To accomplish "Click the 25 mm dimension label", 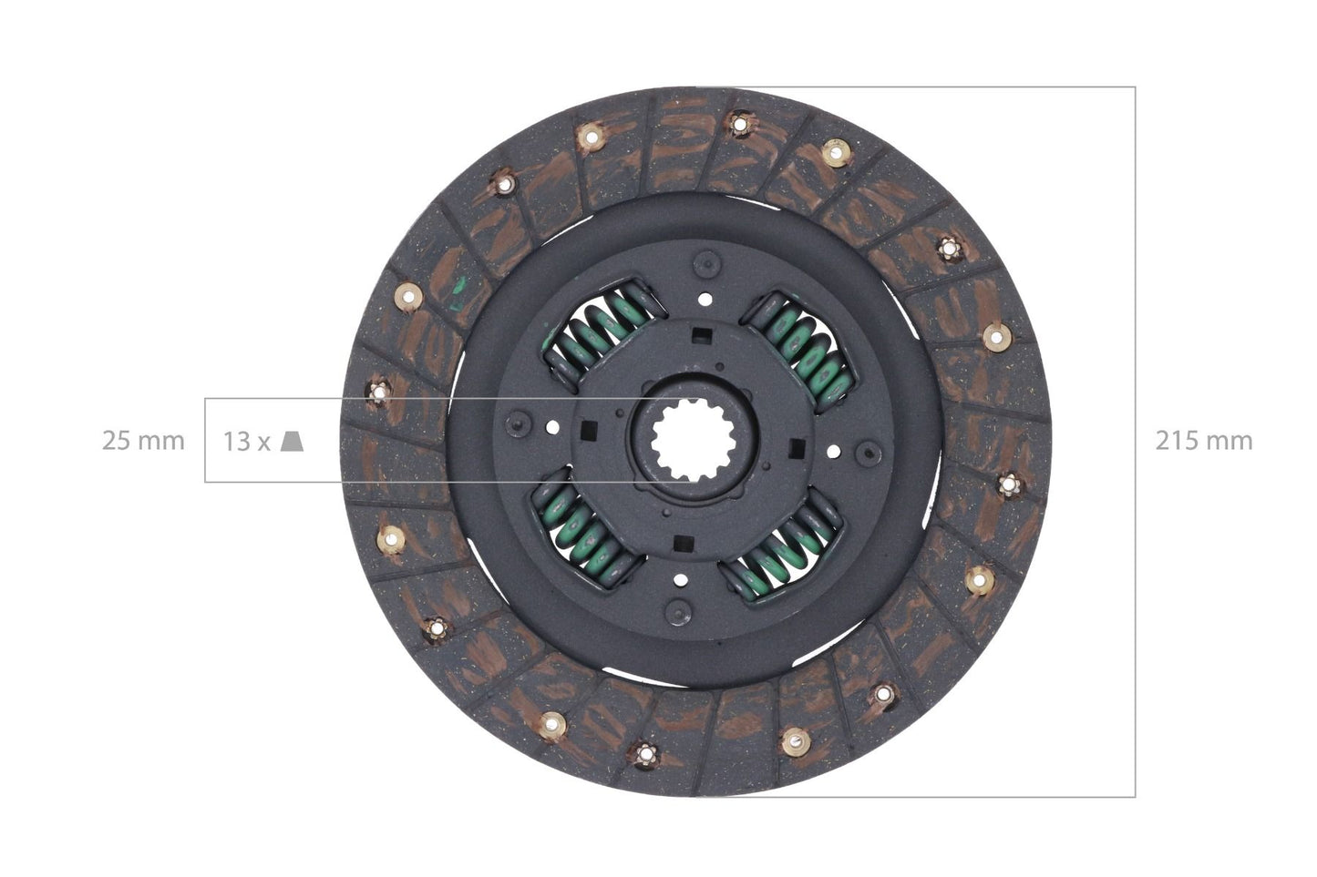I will click(x=142, y=441).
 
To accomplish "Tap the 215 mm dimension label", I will click(x=1203, y=441).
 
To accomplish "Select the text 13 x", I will click(x=247, y=442).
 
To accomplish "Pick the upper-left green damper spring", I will click(x=597, y=331).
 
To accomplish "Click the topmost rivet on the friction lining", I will click(x=737, y=122).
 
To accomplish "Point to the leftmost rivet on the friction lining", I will click(x=378, y=392).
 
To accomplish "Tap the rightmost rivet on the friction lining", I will click(x=1008, y=486).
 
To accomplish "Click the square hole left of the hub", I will click(x=588, y=429).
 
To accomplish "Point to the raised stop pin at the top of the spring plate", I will click(x=705, y=264).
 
